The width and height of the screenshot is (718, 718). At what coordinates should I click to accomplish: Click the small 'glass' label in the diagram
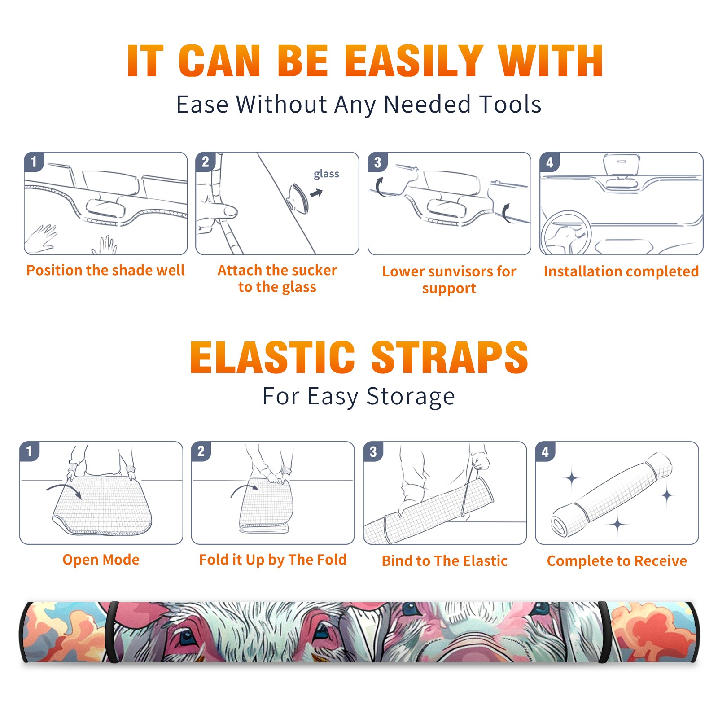coord(326,174)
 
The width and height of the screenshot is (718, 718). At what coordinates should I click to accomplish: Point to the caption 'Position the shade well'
coord(105,270)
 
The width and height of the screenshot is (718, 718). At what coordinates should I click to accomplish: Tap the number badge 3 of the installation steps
coord(377,162)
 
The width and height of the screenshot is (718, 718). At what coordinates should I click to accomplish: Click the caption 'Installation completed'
coord(621,271)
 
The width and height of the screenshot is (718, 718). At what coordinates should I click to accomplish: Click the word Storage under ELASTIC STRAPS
coord(411,397)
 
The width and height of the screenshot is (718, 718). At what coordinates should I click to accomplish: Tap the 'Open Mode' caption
coord(101,560)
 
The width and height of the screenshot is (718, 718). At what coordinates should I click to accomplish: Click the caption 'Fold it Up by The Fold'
coord(273,560)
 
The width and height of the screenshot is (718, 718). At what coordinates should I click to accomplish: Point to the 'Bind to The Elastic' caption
coord(445,561)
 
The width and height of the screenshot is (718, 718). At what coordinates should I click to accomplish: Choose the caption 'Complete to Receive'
coord(617,561)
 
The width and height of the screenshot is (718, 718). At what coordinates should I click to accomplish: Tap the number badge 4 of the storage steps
coord(545,451)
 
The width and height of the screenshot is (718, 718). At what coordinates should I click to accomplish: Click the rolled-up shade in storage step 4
coord(612,494)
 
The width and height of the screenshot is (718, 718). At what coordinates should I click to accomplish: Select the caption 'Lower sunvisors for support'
coord(449,280)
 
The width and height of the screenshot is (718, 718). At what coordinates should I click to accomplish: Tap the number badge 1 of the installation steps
coord(34,162)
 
